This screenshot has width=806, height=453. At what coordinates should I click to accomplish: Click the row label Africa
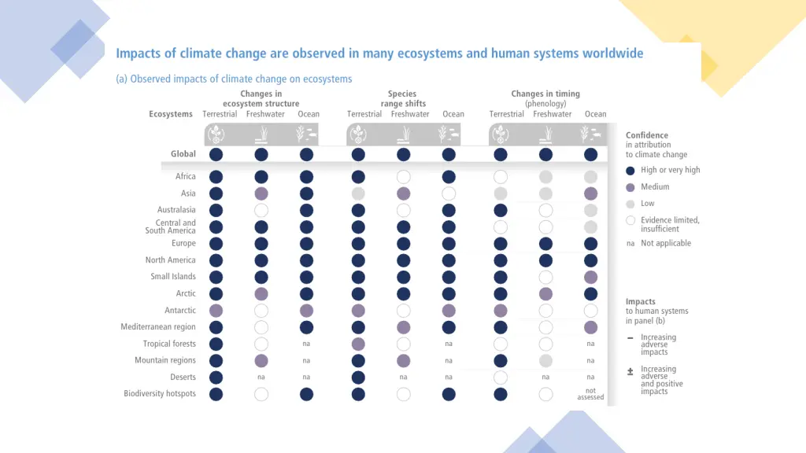186,177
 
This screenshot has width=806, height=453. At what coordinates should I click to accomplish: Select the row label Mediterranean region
158,327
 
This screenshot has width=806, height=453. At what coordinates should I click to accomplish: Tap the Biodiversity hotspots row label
160,394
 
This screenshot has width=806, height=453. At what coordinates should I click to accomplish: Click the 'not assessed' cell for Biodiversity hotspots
590,394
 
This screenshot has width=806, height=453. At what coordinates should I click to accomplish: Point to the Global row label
183,154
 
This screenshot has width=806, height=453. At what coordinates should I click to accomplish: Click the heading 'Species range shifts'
402,99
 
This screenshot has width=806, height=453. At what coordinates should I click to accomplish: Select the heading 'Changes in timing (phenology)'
545,99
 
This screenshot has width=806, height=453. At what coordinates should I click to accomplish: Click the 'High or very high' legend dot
630,171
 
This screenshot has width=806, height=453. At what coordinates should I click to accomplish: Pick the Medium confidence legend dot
630,187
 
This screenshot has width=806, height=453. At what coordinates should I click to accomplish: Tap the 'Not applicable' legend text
666,244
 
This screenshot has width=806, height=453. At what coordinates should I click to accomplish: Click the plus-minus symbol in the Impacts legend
630,371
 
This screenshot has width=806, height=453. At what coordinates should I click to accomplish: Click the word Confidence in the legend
647,135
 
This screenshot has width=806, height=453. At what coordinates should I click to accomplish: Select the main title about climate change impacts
379,54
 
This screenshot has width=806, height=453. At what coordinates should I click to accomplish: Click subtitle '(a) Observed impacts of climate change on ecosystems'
234,79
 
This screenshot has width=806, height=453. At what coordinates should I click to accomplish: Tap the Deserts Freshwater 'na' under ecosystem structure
261,377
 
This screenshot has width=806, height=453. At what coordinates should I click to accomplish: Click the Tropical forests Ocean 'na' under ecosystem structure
306,344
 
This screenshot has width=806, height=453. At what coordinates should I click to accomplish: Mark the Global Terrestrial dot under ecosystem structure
216,154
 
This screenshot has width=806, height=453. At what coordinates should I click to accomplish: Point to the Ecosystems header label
171,114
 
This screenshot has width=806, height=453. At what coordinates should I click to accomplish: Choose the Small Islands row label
173,277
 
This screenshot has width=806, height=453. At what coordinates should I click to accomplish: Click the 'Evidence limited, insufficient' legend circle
630,221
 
